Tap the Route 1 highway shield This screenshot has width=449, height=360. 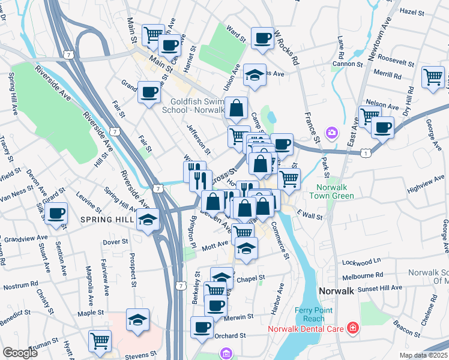click(x=366, y=154)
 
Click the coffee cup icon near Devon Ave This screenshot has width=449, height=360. click(x=56, y=213)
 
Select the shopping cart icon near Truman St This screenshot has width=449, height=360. click(x=100, y=340)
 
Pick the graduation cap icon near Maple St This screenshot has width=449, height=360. click(x=137, y=319)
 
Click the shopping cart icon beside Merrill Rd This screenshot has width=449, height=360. click(x=433, y=77)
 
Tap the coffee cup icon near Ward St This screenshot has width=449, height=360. click(x=262, y=38)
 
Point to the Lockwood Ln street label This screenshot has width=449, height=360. click(x=362, y=262)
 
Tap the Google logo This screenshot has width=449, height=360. click(x=20, y=353)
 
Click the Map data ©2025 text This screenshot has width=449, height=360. click(x=423, y=355)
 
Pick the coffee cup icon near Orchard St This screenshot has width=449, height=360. click(x=202, y=327)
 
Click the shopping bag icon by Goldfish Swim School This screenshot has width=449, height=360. click(x=238, y=109)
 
